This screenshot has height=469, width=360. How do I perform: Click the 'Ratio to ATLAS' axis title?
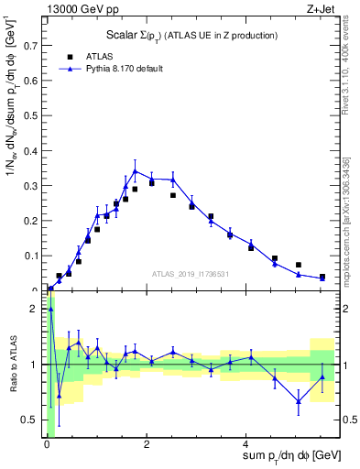(x=12, y=365)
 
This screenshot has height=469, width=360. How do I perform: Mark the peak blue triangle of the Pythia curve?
(x=136, y=171)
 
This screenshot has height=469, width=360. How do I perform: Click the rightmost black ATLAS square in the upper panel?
(x=322, y=277)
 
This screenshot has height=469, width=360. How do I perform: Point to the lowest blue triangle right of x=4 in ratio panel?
(x=299, y=401)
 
